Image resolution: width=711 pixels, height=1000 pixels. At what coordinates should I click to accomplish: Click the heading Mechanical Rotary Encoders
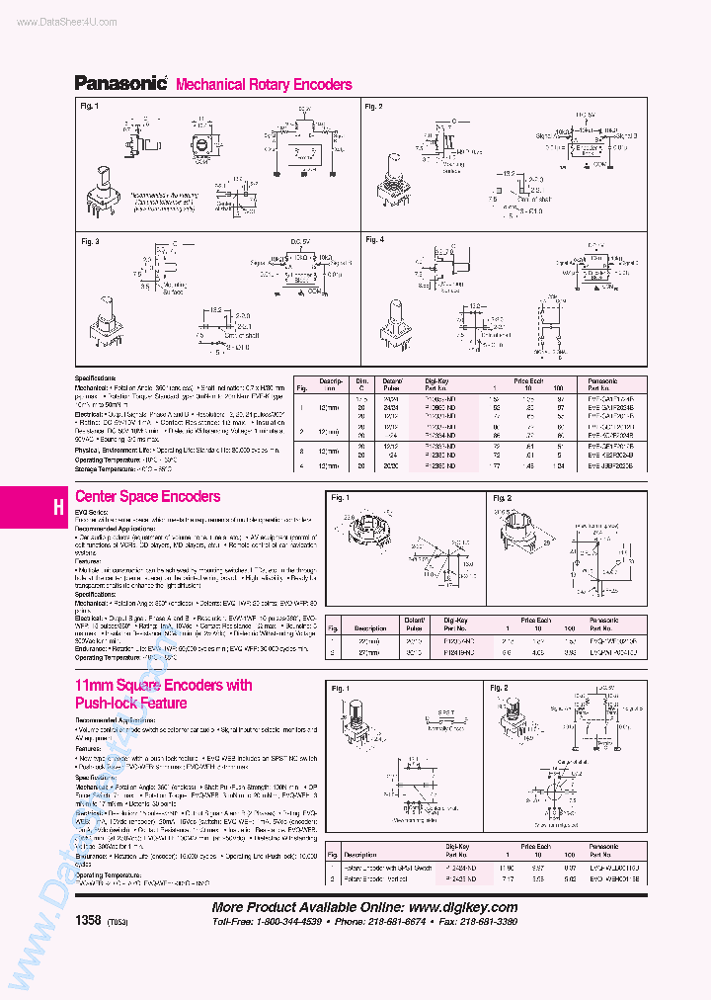coord(264,85)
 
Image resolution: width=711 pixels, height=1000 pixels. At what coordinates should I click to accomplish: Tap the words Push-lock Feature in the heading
coord(131,704)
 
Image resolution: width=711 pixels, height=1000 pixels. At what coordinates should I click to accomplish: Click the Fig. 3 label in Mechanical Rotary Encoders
coord(90,241)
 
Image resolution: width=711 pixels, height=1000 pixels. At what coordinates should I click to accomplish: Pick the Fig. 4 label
coord(373,239)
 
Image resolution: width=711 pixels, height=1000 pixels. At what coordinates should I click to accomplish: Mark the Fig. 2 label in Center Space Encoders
coord(501,498)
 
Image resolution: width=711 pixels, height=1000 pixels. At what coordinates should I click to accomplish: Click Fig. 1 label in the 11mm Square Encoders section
coord(341,688)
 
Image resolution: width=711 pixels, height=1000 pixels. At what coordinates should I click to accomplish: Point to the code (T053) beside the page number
coord(117,921)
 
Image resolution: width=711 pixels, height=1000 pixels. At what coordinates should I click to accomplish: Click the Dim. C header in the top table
coord(361,383)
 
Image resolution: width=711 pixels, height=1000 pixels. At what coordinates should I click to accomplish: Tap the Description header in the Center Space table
coord(371,627)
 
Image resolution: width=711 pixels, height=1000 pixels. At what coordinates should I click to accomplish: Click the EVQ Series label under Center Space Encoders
coord(92,512)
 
